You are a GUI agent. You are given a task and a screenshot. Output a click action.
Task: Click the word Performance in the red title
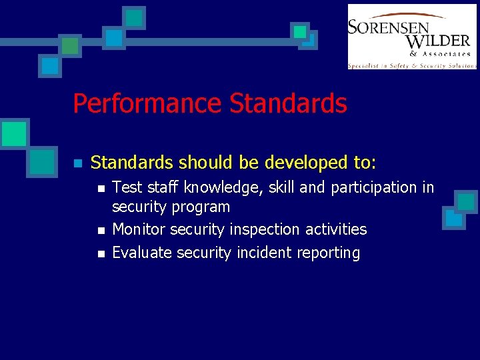pyautogui.click(x=147, y=104)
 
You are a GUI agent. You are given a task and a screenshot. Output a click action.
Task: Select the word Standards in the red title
pyautogui.click(x=288, y=104)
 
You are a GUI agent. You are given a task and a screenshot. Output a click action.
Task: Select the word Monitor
pyautogui.click(x=139, y=230)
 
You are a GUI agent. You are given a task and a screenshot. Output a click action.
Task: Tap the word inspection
pyautogui.click(x=266, y=230)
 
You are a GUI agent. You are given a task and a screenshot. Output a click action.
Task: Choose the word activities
pyautogui.click(x=337, y=230)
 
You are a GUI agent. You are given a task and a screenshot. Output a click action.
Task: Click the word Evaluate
pyautogui.click(x=141, y=253)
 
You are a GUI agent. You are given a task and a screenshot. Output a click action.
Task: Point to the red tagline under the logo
pyautogui.click(x=412, y=65)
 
